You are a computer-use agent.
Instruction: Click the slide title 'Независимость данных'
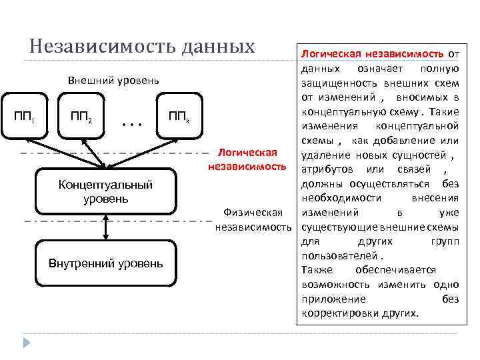click(142, 46)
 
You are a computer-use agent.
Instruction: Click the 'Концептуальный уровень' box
click(105, 192)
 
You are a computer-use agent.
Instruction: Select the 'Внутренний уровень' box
click(105, 263)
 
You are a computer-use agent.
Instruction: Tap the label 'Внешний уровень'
click(114, 81)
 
